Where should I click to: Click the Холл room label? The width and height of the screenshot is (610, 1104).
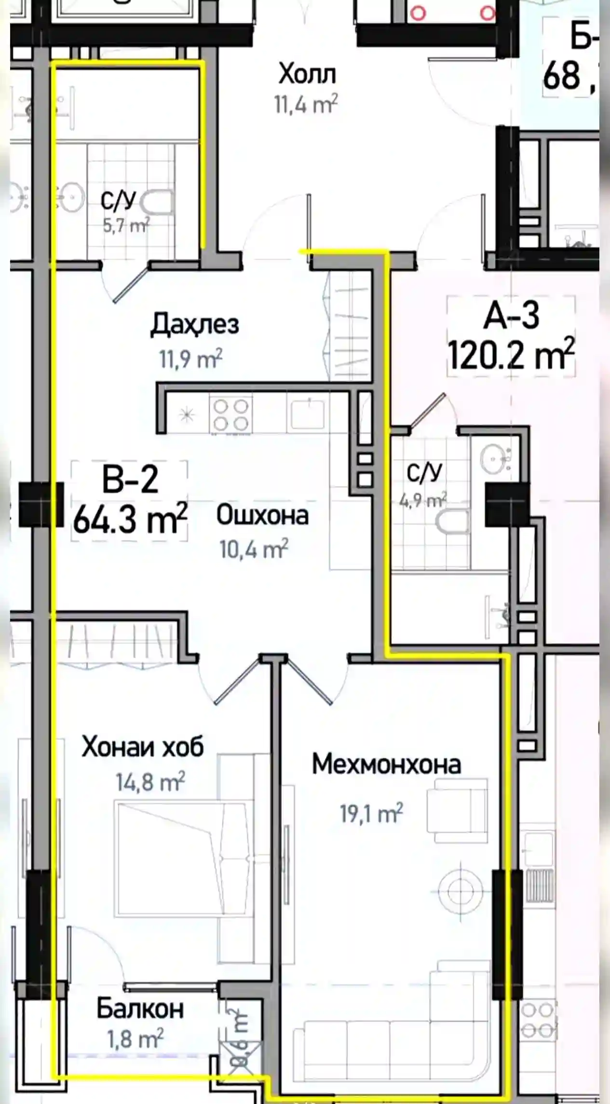click(307, 75)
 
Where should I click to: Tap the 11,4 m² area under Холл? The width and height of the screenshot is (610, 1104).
click(306, 104)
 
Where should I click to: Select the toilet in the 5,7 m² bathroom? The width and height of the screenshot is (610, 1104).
click(157, 203)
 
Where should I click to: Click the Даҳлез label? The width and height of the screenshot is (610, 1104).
click(194, 324)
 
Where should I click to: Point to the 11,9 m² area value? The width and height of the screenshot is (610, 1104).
click(190, 359)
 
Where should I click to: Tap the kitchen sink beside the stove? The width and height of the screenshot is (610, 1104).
click(307, 414)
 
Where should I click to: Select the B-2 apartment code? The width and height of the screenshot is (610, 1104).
click(130, 480)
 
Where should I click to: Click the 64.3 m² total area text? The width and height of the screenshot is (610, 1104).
click(130, 519)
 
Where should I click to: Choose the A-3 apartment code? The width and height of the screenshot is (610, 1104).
click(511, 316)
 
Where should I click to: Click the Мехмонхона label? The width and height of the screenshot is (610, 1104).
click(386, 765)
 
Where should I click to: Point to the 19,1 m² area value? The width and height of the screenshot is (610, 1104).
click(371, 814)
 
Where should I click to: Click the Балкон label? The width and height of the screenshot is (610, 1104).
click(140, 1009)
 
